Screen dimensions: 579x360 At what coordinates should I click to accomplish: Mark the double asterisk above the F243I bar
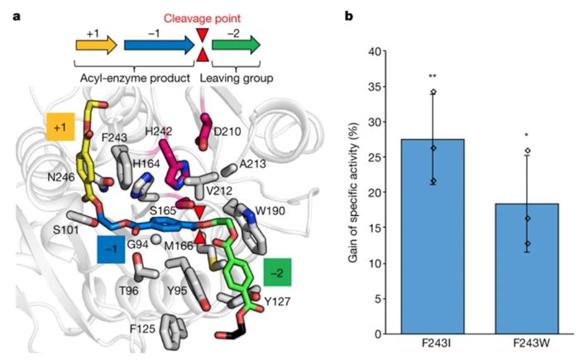click(432, 77)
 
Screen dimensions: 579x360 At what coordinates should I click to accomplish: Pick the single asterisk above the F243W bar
click(526, 134)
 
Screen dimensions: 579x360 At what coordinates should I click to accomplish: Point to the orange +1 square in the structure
click(60, 127)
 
